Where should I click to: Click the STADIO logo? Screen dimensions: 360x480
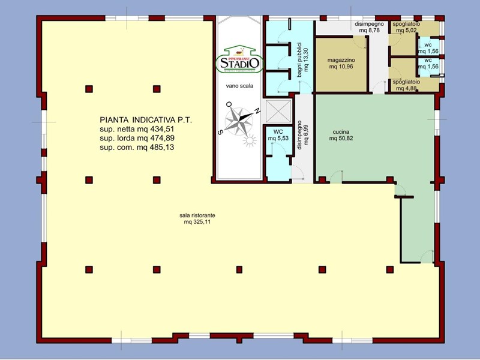pyautogui.click(x=239, y=59)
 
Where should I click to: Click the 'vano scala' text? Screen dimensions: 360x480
pyautogui.click(x=239, y=86)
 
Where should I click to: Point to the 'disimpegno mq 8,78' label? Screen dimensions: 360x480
pyautogui.click(x=368, y=26)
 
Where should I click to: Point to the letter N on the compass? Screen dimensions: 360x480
pyautogui.click(x=256, y=111)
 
